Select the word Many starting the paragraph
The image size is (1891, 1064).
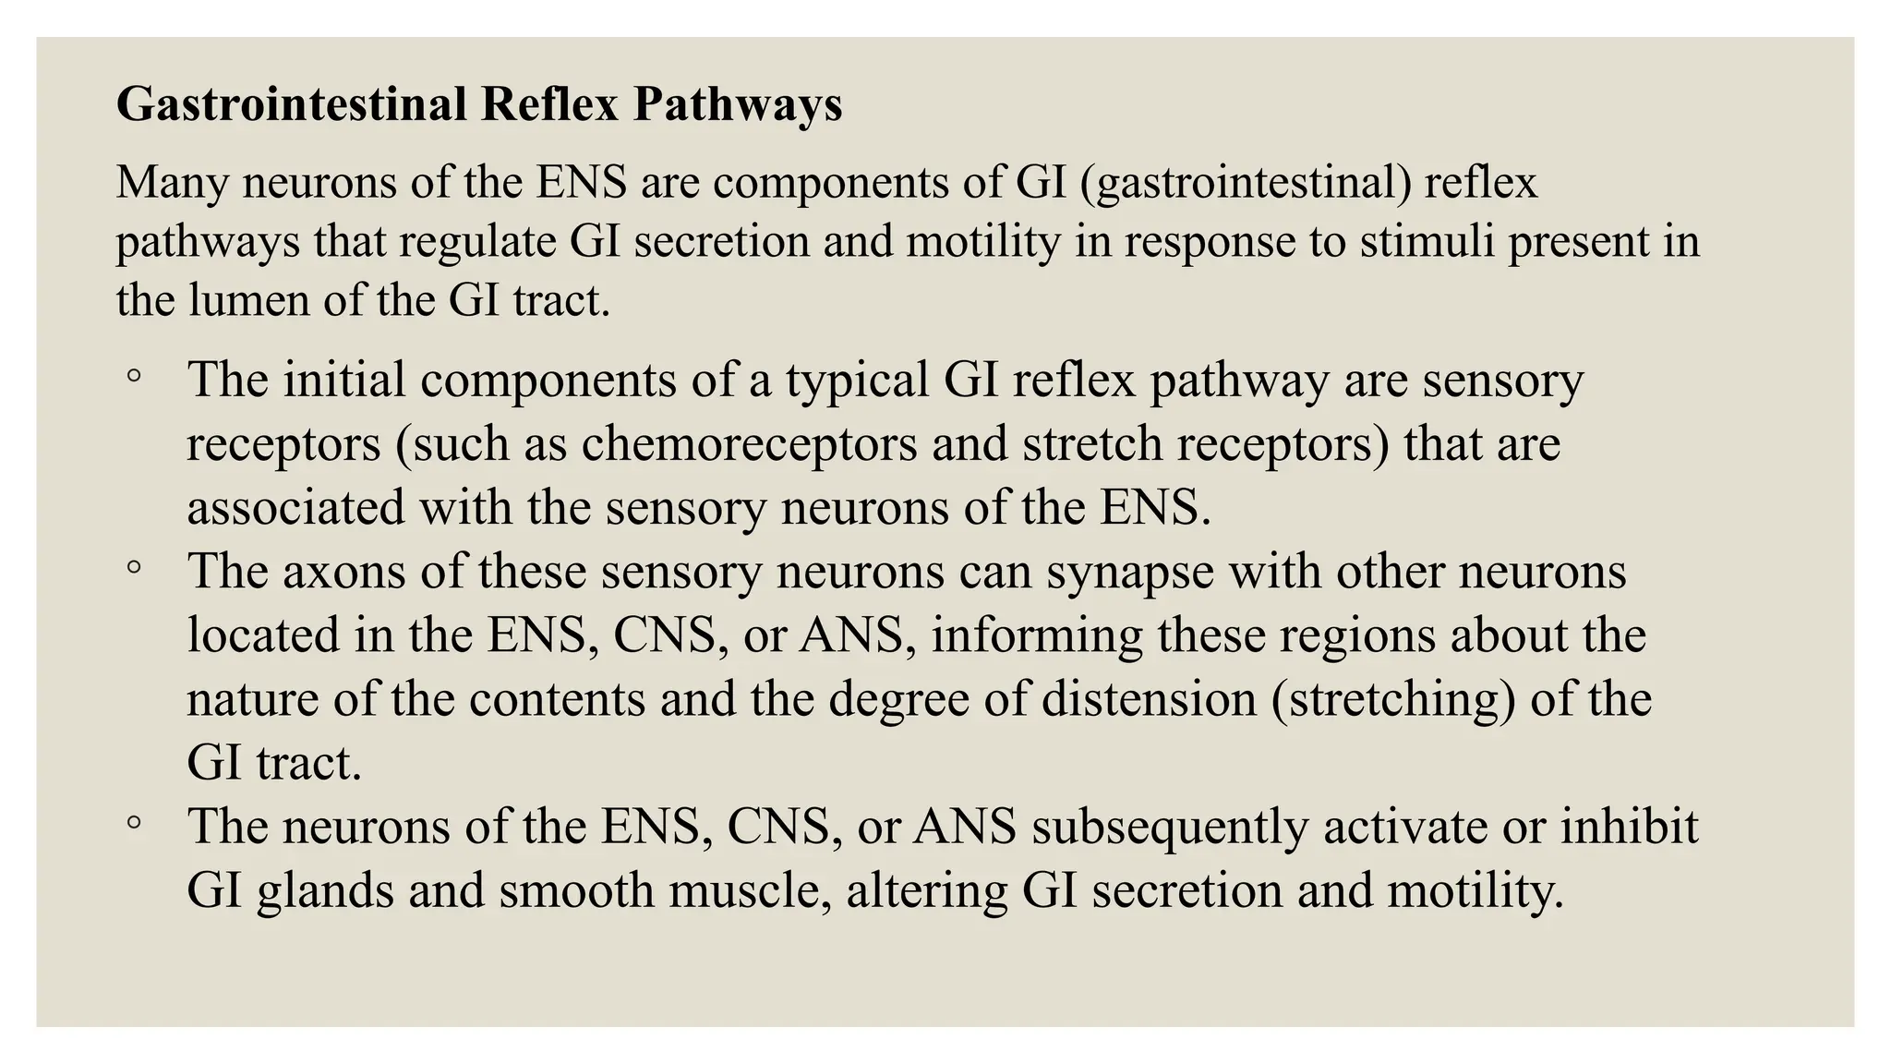pos(172,182)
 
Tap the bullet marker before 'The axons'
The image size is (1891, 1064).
pos(135,568)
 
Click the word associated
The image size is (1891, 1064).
pos(295,507)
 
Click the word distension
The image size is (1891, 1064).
pos(1150,698)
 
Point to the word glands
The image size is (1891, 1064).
pos(324,891)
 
